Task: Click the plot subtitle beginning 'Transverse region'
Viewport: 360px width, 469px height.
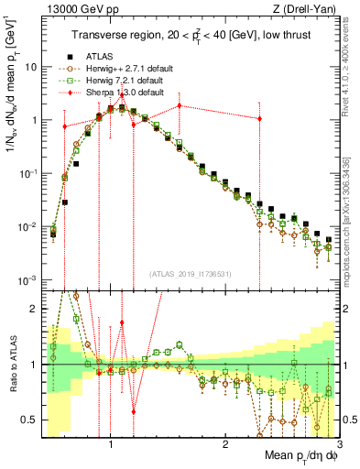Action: click(195, 35)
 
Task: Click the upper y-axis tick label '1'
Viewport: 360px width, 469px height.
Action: click(35, 120)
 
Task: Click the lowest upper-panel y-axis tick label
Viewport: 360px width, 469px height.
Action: click(29, 279)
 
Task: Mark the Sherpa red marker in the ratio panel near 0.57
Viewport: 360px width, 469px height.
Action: click(134, 412)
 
